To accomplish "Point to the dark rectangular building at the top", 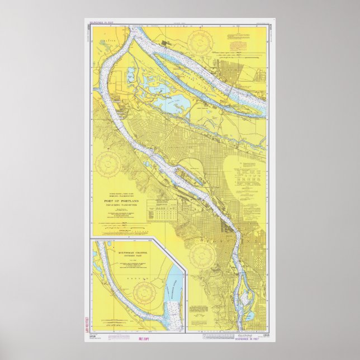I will (168, 41).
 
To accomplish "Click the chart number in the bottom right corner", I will (268, 335).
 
